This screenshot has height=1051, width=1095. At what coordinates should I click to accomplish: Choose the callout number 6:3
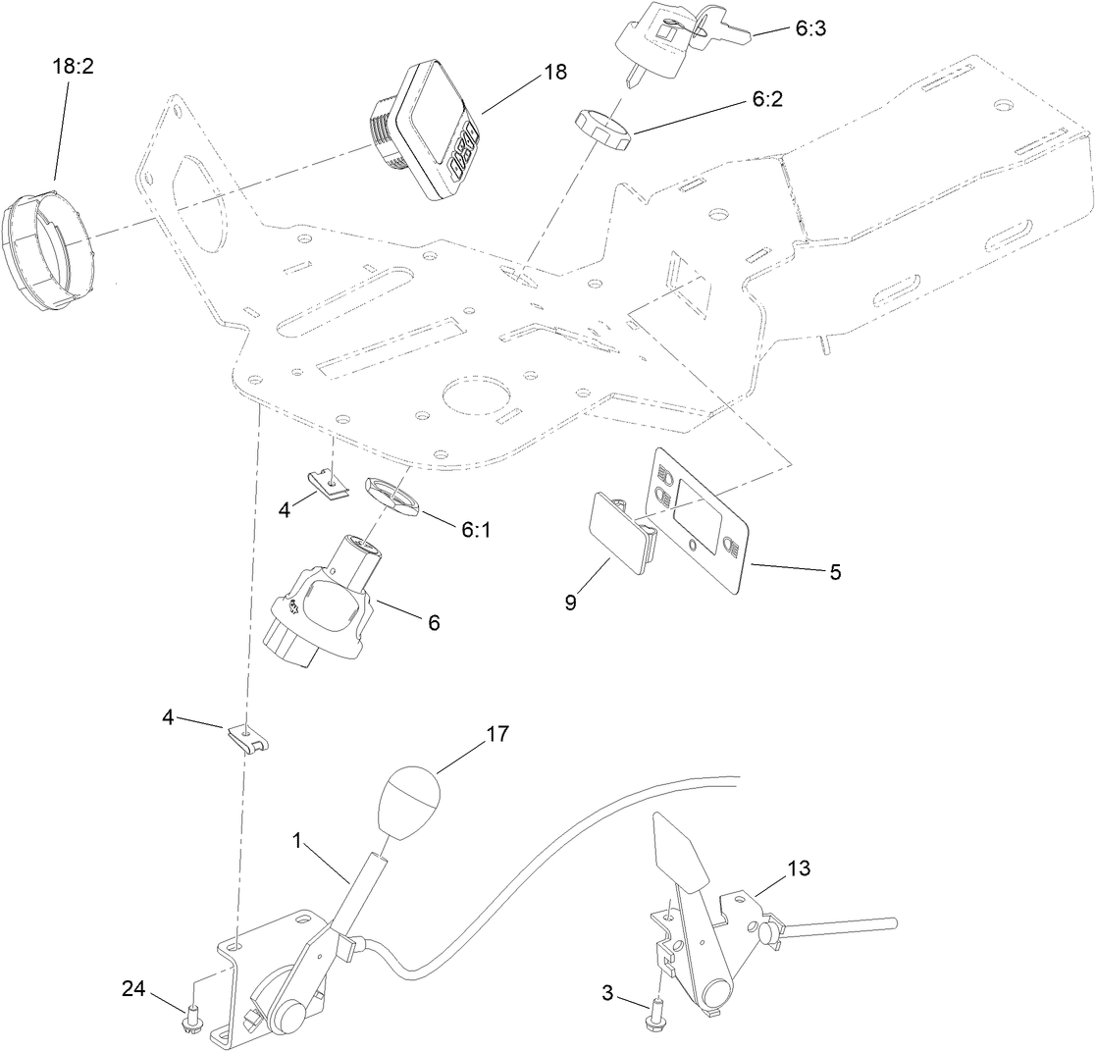809,29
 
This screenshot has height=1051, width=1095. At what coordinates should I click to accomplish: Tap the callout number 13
800,867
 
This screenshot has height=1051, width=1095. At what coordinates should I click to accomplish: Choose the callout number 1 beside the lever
296,841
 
